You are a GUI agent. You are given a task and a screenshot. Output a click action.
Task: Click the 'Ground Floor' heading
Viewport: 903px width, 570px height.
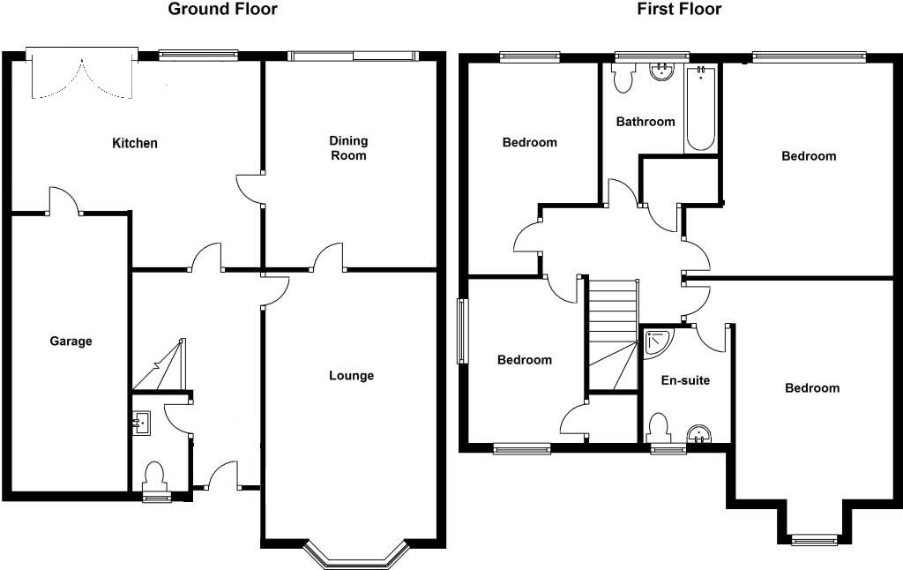click(x=222, y=9)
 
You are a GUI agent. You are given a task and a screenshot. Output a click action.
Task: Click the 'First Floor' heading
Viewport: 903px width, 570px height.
click(x=679, y=9)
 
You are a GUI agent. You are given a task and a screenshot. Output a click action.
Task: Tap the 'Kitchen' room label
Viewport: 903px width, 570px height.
click(x=135, y=143)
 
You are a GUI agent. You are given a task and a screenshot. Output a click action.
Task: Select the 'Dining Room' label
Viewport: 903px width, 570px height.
click(x=348, y=148)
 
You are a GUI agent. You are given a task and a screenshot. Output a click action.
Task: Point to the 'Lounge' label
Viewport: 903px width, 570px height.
click(x=351, y=376)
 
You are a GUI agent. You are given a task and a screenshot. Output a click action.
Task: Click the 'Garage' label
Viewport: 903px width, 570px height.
click(x=71, y=341)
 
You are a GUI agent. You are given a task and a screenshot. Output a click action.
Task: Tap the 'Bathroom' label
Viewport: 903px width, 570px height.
click(x=646, y=122)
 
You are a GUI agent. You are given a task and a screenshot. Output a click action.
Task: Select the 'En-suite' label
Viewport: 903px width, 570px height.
click(x=685, y=380)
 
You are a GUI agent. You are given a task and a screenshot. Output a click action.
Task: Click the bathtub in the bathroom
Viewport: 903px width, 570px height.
click(x=700, y=109)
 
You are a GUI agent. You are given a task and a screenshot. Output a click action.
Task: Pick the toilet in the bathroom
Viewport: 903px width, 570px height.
click(x=623, y=77)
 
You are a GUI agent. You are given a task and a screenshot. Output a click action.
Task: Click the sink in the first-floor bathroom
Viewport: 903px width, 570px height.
click(x=662, y=71)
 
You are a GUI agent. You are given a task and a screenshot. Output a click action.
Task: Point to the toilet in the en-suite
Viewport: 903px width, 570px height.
click(x=658, y=429)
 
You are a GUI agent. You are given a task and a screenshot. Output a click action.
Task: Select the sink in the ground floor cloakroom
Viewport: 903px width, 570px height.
click(x=140, y=424)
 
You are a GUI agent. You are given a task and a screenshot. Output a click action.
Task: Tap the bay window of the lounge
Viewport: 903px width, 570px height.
click(x=356, y=554)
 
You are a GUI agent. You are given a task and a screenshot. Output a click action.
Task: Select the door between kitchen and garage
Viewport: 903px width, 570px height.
click(x=64, y=201)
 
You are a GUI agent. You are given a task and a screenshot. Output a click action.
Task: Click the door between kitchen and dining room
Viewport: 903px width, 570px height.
click(x=250, y=189)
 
